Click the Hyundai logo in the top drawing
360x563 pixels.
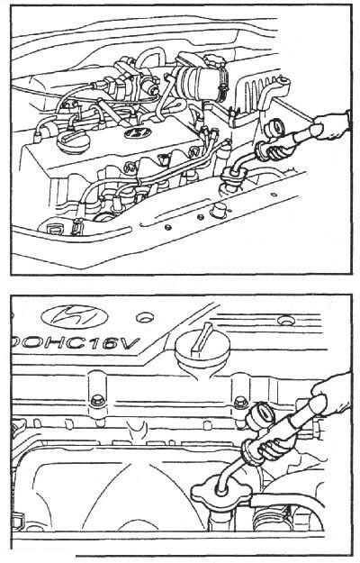[138, 132]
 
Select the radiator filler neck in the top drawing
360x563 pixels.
[235, 176]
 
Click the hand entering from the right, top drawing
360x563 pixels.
[332, 126]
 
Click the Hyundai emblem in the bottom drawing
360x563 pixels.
[75, 317]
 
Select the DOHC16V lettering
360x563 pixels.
[76, 343]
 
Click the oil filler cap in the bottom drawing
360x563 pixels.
[202, 347]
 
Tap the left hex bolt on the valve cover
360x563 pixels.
[97, 401]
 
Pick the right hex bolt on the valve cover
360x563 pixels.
[241, 402]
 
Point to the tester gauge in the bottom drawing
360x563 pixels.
[260, 416]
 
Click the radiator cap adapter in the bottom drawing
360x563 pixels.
[220, 495]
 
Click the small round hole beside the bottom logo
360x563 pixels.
[145, 317]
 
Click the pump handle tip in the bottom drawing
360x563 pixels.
[318, 404]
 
